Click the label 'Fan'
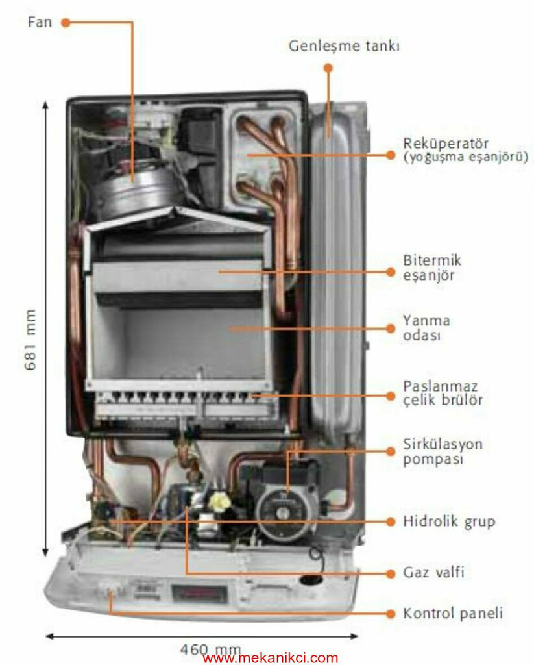(39, 22)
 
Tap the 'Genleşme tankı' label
(344, 47)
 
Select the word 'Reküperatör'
(444, 143)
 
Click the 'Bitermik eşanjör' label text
(431, 268)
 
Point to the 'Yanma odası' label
(426, 328)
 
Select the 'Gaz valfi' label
(433, 573)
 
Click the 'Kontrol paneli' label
(453, 612)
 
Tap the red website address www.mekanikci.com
(271, 658)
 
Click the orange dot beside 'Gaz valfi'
(390, 573)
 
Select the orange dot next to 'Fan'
(65, 22)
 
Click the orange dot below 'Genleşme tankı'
(328, 68)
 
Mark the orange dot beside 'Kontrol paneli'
(390, 612)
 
